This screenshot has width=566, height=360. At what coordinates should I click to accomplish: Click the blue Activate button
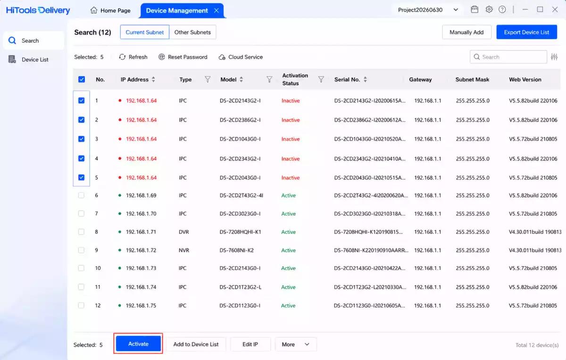pos(138,343)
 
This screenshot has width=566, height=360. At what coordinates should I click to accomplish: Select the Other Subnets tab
pos(192,32)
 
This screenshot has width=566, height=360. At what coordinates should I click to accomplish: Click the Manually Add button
pos(466,32)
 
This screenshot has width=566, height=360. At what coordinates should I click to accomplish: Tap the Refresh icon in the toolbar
pos(122,57)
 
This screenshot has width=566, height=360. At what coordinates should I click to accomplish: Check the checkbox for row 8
pos(81,232)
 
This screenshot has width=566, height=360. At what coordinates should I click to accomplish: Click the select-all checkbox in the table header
pos(81,79)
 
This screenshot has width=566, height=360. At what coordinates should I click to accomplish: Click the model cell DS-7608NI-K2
pos(236,250)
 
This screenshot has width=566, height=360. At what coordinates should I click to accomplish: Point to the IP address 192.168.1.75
pos(141,305)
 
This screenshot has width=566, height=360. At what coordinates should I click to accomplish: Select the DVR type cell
pos(183,232)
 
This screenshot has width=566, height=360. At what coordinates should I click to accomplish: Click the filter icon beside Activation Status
pos(321,79)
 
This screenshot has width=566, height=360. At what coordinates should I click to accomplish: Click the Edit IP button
pos(250,344)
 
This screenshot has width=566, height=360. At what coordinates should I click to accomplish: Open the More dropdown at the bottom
pos(296,344)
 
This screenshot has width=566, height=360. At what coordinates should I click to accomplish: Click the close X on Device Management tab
pos(216,10)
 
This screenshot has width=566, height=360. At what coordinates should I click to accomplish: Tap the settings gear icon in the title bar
pos(489,9)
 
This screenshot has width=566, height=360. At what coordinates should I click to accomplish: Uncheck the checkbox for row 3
pos(81,139)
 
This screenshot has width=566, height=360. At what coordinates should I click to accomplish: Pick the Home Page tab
pos(110,10)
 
